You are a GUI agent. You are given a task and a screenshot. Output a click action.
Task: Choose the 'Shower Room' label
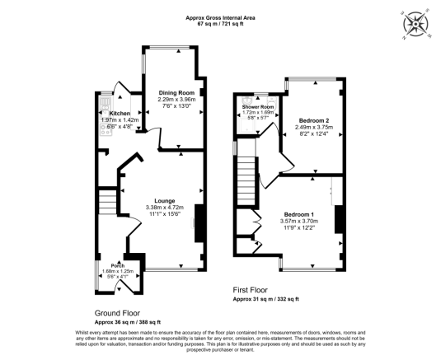coord(257,107)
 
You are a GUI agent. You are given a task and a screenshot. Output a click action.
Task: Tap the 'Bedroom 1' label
coord(298,214)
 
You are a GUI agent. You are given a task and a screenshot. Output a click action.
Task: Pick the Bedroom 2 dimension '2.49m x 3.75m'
coord(314,127)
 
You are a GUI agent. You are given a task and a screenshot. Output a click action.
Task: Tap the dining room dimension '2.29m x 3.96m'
coord(176,100)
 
